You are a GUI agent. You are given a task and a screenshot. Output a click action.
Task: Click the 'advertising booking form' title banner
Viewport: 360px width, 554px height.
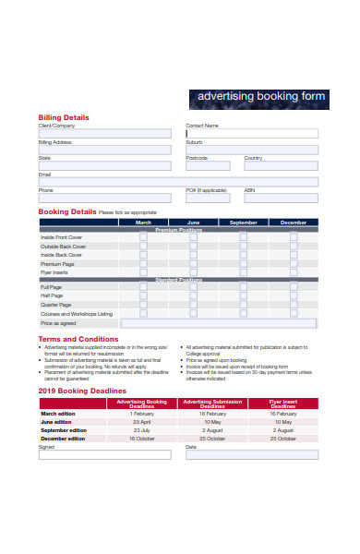(x=258, y=96)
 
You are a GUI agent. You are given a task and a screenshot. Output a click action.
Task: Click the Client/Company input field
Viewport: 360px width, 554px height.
(x=104, y=134)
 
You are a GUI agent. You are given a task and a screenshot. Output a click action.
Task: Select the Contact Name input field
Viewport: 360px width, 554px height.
(x=251, y=134)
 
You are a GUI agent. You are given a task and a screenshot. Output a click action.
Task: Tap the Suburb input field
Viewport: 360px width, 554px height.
(x=251, y=150)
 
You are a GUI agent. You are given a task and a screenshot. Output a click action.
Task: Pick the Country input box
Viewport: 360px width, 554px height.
(x=280, y=166)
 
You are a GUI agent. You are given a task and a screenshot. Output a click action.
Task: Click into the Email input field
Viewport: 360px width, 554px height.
(x=177, y=182)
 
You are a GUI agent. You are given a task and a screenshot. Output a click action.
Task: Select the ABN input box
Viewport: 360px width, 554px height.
(x=280, y=198)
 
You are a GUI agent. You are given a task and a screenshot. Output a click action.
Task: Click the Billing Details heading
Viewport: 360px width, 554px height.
(x=64, y=117)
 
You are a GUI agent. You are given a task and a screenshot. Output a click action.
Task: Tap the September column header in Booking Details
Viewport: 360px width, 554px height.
(x=244, y=223)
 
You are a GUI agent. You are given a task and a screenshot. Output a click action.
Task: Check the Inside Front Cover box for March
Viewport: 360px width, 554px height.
(x=143, y=237)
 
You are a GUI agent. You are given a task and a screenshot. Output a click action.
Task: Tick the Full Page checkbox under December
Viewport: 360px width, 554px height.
(x=294, y=287)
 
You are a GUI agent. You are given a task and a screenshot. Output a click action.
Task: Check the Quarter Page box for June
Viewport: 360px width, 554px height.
(x=193, y=305)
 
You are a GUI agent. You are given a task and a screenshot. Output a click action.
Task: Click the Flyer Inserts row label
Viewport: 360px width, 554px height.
(x=55, y=272)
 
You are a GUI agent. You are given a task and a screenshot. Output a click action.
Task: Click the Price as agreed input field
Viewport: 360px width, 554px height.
(x=220, y=324)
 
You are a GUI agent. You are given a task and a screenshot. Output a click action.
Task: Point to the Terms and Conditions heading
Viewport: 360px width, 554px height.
(x=78, y=339)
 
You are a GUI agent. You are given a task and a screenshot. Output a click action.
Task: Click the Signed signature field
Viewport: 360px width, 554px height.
(x=104, y=454)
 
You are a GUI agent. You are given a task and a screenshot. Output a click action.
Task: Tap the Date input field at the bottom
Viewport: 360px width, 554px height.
(x=251, y=454)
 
